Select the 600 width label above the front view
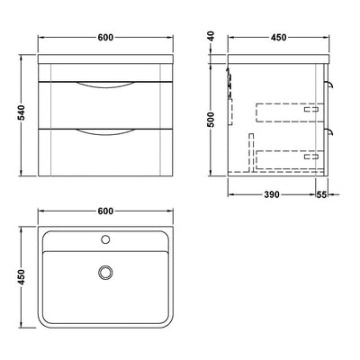(105, 38)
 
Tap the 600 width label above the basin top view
(105, 211)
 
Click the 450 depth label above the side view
(279, 38)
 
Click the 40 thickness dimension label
(211, 36)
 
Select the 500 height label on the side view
(211, 120)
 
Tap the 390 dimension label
(272, 194)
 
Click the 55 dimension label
(321, 194)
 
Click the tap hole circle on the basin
(105, 239)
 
